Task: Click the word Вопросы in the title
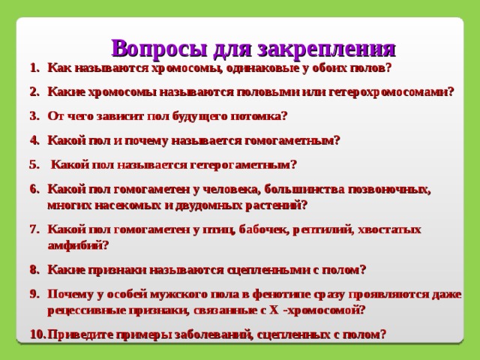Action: [158, 49]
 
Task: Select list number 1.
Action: [35, 67]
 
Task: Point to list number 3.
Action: [35, 116]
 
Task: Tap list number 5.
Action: [34, 165]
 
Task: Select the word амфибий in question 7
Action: [78, 245]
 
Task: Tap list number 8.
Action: [35, 270]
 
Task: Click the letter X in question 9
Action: [274, 310]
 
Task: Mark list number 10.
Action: [38, 334]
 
